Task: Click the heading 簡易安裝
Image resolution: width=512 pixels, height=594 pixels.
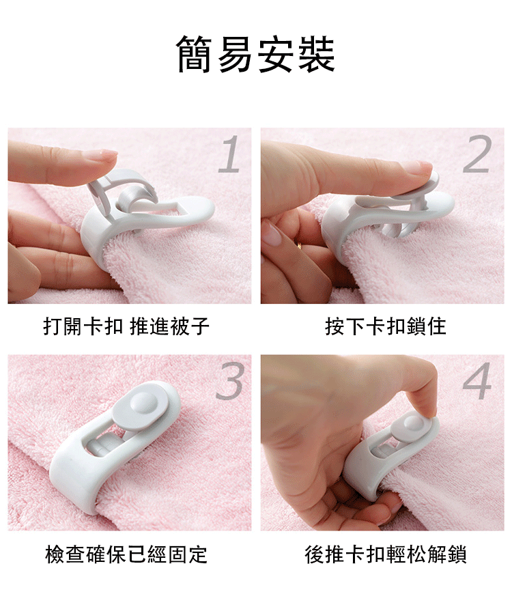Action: click(x=256, y=54)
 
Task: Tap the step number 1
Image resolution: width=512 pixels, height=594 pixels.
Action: click(x=231, y=154)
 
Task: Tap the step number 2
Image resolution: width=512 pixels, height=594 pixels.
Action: click(x=478, y=154)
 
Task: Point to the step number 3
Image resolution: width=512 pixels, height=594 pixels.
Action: click(x=229, y=380)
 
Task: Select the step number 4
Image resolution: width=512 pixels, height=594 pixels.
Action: click(x=477, y=380)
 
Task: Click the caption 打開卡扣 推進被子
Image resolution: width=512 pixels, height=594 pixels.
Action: click(x=126, y=326)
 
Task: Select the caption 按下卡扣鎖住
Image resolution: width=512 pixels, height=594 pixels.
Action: click(x=386, y=326)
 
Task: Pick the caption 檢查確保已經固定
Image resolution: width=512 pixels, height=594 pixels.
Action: click(x=126, y=554)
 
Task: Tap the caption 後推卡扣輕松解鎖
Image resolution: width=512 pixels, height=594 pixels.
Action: click(x=386, y=554)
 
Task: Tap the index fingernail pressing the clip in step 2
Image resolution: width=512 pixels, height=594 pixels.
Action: click(x=416, y=167)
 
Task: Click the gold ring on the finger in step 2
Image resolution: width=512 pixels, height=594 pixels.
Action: click(x=300, y=246)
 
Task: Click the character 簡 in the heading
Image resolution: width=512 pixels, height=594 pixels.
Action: click(x=195, y=54)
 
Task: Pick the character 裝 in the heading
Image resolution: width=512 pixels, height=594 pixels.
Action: click(x=317, y=54)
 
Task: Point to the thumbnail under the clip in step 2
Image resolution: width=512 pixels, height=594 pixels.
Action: click(x=272, y=233)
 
